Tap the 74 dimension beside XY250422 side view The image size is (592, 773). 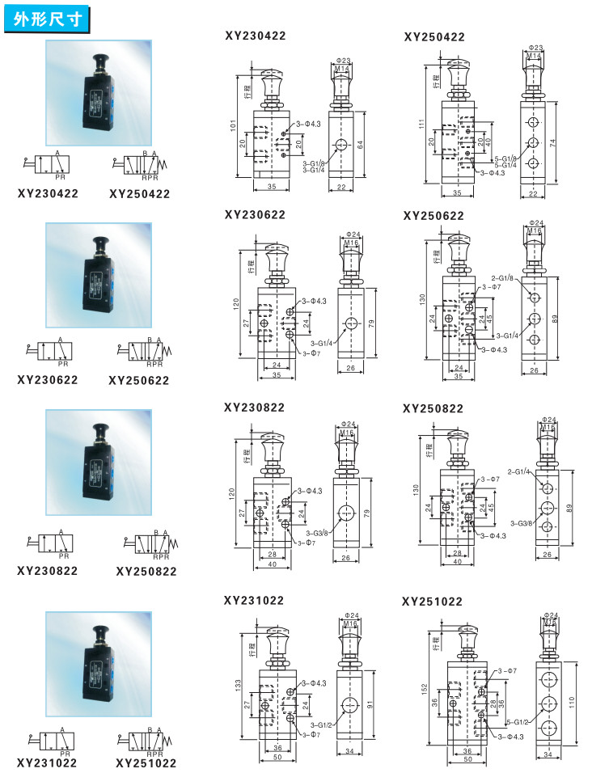[553, 141]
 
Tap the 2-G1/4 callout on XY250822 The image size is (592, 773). [518, 471]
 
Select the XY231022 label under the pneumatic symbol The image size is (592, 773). [48, 762]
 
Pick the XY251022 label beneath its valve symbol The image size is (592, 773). [146, 762]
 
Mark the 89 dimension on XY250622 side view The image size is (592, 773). [554, 319]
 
